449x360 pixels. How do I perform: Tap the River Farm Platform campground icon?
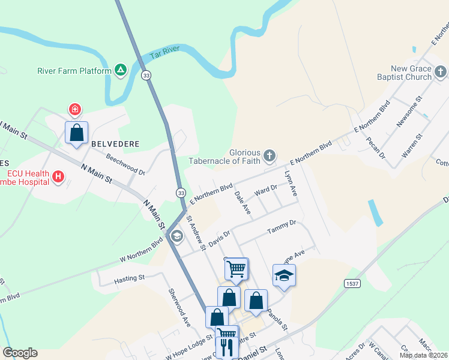coord(121,70)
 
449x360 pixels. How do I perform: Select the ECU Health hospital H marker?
coord(58,176)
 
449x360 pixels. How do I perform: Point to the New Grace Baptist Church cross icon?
coord(441,73)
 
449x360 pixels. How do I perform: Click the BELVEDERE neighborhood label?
coord(115,144)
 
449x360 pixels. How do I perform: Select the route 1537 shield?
coord(353,283)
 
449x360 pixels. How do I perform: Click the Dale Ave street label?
coord(243,202)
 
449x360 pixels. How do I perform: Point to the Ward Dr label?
coord(265,190)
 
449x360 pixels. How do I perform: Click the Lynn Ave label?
coord(291,183)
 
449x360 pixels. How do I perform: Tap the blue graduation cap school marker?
coord(285,275)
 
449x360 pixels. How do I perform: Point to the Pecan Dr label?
coord(376,148)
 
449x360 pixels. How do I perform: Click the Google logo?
coord(20,353)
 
